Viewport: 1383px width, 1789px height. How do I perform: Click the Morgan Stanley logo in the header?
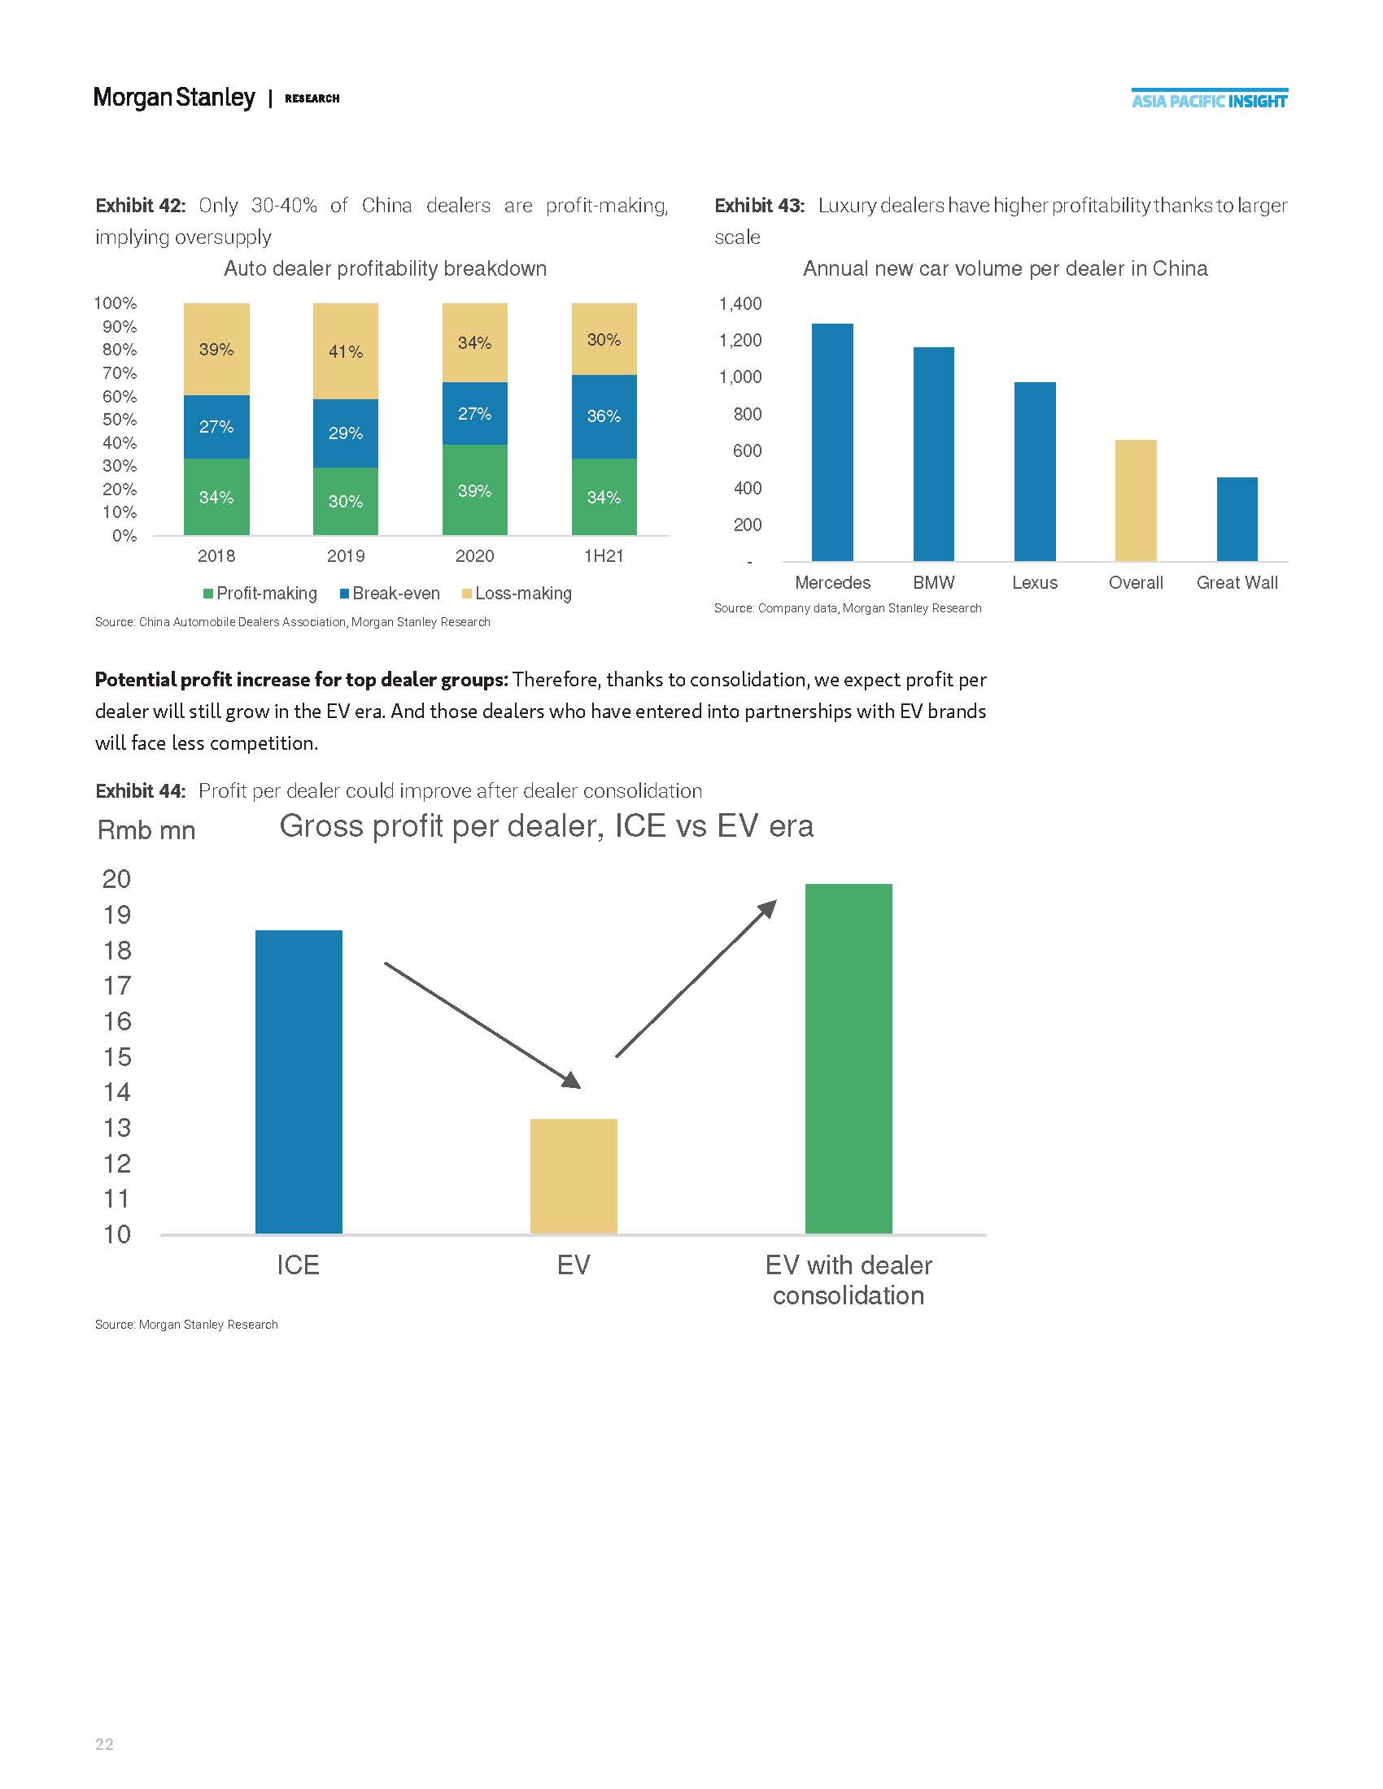pos(174,98)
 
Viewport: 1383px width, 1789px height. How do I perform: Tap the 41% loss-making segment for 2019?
pos(346,351)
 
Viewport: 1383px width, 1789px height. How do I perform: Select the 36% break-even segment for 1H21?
pos(604,416)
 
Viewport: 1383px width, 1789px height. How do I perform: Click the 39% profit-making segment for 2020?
pos(474,490)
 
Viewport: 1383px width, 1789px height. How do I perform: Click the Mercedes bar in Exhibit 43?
pos(831,442)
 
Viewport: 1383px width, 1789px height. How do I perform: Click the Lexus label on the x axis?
pos(1034,582)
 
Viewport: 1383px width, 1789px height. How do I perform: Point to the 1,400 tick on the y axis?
pos(739,304)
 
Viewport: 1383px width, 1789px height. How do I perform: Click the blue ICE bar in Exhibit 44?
pos(299,1082)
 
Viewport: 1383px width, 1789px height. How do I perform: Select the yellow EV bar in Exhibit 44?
pos(574,1176)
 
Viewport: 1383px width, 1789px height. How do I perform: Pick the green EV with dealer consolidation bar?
pos(848,1058)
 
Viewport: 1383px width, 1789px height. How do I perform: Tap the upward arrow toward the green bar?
pos(696,979)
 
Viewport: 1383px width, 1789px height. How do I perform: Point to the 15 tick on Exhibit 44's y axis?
pos(117,1056)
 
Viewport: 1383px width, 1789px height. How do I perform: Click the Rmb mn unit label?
pos(146,829)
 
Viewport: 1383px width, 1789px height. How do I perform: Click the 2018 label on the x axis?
pos(216,555)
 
